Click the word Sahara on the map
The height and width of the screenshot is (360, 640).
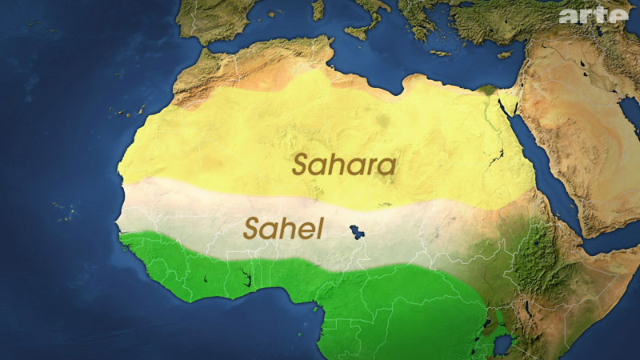coord(344,166)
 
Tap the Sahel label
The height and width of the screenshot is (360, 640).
coord(284,230)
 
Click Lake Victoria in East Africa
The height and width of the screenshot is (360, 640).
coord(505,346)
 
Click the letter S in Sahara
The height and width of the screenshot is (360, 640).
coord(301,166)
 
